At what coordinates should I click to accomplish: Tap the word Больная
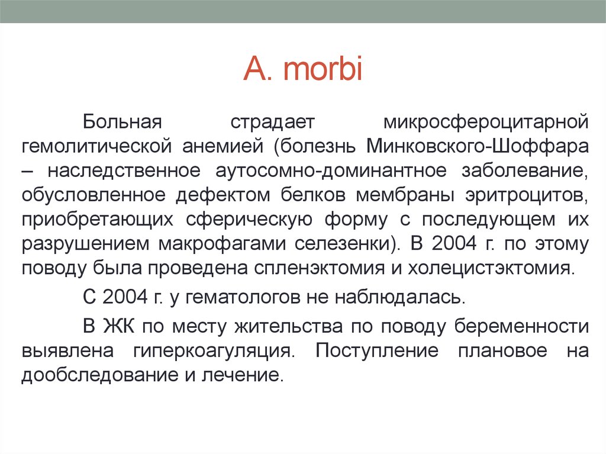point(122,121)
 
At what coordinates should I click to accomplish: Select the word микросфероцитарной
point(486,121)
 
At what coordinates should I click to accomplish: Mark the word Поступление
point(377,351)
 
